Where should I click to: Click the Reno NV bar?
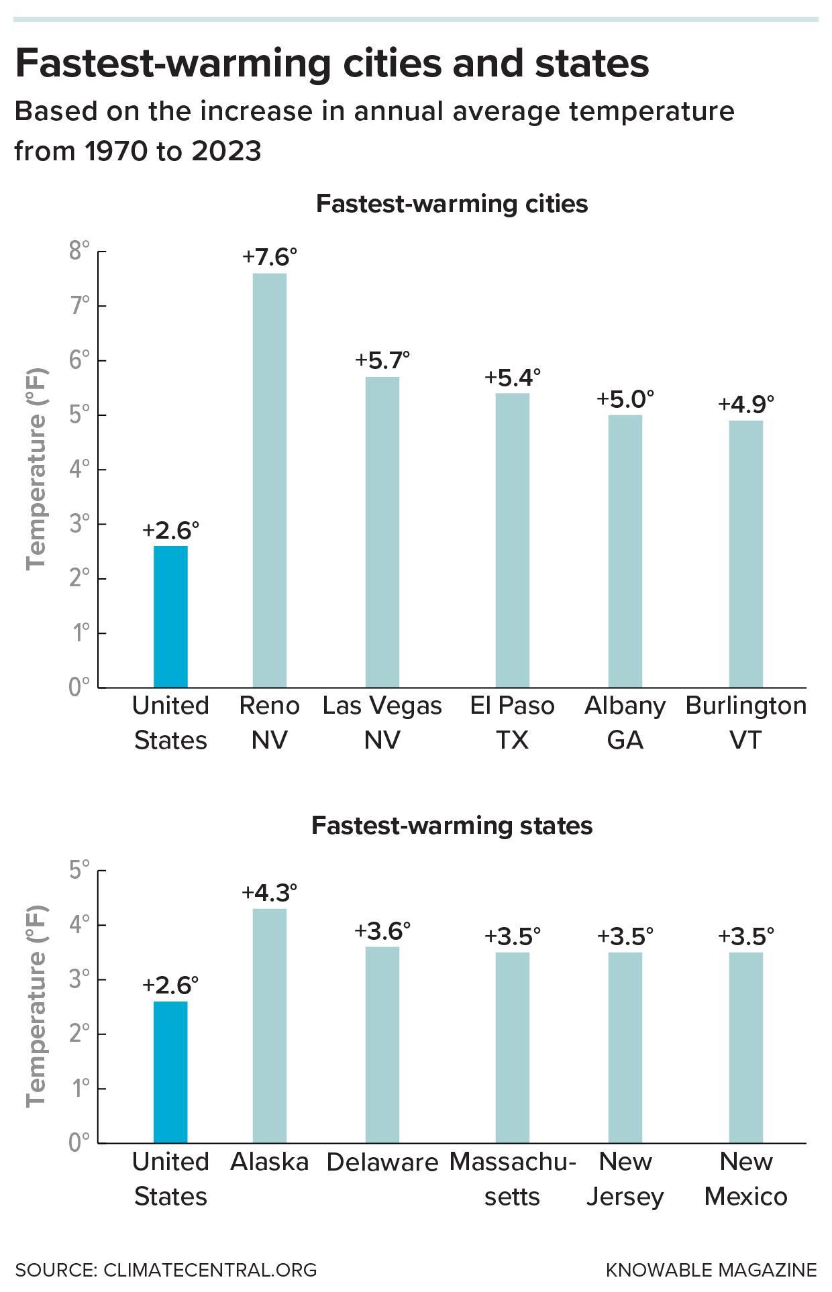270,480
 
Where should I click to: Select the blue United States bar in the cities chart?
170,616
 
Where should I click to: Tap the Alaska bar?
270,1026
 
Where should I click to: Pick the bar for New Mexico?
746,1047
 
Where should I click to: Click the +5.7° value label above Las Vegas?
382,360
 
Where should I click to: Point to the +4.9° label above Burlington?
746,405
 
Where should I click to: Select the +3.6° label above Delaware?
382,931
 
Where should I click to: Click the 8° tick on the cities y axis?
79,251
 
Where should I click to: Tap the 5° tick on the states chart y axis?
79,870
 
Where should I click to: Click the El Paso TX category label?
513,722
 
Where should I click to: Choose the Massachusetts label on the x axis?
513,1179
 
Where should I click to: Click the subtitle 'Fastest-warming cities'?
452,204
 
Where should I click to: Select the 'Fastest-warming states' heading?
452,826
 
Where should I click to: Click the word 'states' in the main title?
591,64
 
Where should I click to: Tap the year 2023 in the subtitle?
226,151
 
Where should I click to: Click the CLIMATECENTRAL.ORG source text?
210,1270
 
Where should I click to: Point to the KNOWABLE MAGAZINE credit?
711,1270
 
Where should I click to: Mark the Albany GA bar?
625,551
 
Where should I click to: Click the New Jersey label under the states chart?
625,1179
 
